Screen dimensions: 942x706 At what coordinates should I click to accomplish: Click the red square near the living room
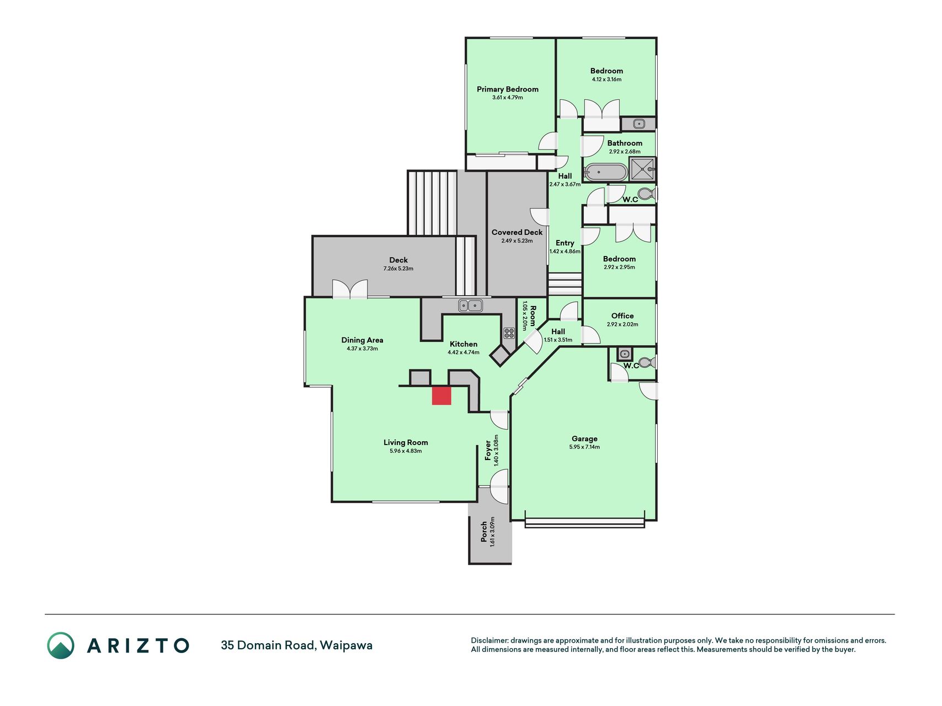[441, 396]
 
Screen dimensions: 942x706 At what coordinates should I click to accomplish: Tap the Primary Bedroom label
[508, 89]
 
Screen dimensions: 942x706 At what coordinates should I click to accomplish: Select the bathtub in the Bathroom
[606, 172]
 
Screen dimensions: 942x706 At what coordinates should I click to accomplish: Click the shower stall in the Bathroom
[642, 169]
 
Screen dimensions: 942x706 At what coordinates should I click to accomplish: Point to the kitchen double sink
[470, 305]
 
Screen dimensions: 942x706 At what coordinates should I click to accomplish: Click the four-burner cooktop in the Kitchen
[509, 333]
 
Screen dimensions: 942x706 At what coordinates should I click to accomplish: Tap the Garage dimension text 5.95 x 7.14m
[584, 447]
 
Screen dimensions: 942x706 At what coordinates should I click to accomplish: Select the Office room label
[622, 316]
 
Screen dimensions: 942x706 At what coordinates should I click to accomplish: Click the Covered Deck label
[517, 233]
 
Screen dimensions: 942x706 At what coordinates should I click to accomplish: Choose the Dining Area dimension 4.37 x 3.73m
[362, 349]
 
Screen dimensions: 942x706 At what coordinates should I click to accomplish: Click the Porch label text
[484, 532]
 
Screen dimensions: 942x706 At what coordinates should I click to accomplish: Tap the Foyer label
[488, 450]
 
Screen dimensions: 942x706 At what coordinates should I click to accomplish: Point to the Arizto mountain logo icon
[60, 645]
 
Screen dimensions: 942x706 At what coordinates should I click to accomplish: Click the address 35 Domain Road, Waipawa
[296, 645]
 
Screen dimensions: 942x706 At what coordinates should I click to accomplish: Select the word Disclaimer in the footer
[489, 640]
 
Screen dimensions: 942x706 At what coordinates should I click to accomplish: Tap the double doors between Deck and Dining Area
[350, 289]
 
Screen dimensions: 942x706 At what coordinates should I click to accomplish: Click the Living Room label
[406, 442]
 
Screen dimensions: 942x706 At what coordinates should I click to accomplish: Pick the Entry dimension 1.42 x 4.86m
[565, 252]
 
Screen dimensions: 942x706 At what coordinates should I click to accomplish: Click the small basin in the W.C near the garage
[624, 354]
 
